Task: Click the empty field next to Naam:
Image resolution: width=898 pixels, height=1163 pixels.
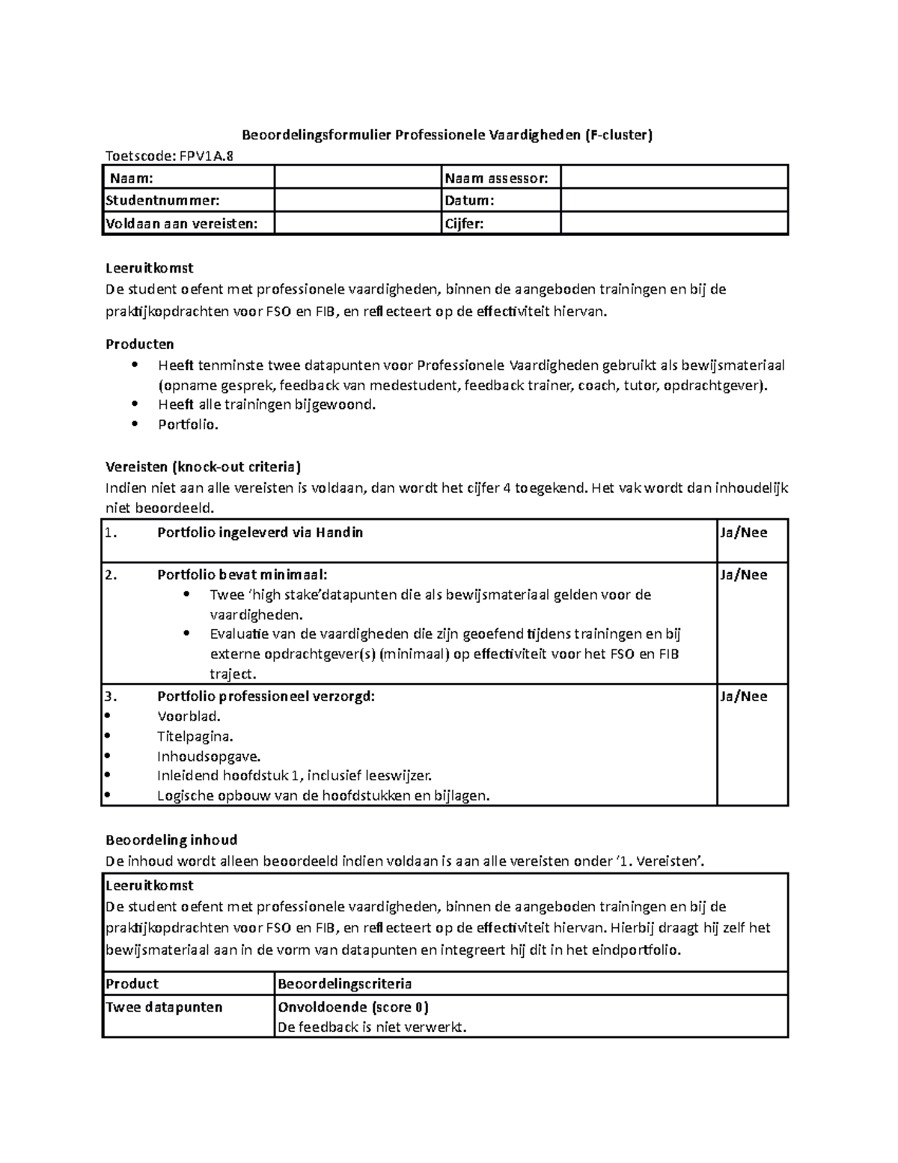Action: click(x=358, y=177)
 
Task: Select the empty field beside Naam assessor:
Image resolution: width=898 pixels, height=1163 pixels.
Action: click(x=673, y=177)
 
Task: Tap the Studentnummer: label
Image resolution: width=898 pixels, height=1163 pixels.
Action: click(x=163, y=201)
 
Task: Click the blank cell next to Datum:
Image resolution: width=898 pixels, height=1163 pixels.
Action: click(x=673, y=201)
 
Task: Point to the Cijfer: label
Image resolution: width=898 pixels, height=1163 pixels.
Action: click(x=464, y=223)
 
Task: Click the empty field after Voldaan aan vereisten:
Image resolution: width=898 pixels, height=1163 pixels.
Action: click(x=358, y=223)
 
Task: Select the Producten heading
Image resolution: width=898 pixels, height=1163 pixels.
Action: click(x=140, y=344)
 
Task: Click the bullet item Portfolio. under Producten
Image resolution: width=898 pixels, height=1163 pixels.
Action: click(x=188, y=425)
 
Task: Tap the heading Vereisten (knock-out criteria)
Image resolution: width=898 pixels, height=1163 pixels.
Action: click(x=203, y=467)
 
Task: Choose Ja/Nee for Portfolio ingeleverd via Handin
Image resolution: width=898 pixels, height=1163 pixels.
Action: click(x=743, y=533)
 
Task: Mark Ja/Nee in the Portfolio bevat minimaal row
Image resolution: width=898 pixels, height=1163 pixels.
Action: click(x=743, y=575)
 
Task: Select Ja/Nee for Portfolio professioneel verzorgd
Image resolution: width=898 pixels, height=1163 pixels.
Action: click(x=743, y=696)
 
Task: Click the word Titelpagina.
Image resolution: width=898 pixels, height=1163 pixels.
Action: click(x=195, y=736)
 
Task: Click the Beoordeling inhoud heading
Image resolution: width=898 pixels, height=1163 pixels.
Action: click(x=171, y=840)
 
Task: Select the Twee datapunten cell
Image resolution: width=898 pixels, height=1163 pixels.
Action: click(x=164, y=1007)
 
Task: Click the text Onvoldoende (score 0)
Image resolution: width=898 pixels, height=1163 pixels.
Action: click(x=352, y=1007)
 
